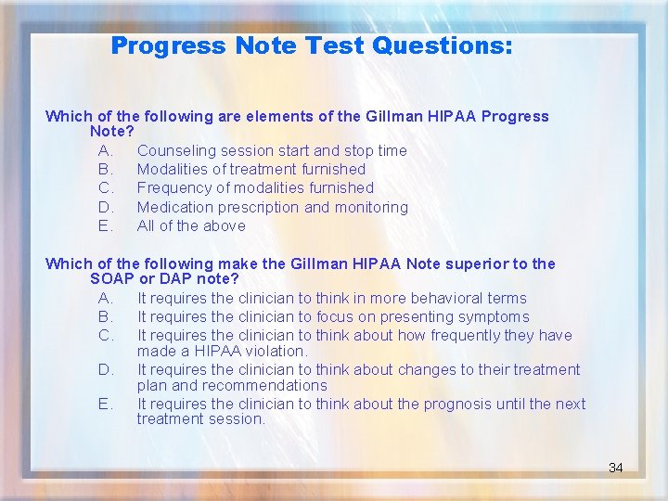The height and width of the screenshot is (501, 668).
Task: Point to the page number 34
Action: tap(615, 468)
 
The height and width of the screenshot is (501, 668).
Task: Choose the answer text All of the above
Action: tap(191, 225)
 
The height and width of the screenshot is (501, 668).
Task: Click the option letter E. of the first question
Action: tap(105, 225)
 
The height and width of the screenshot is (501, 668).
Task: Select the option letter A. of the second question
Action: tap(105, 298)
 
